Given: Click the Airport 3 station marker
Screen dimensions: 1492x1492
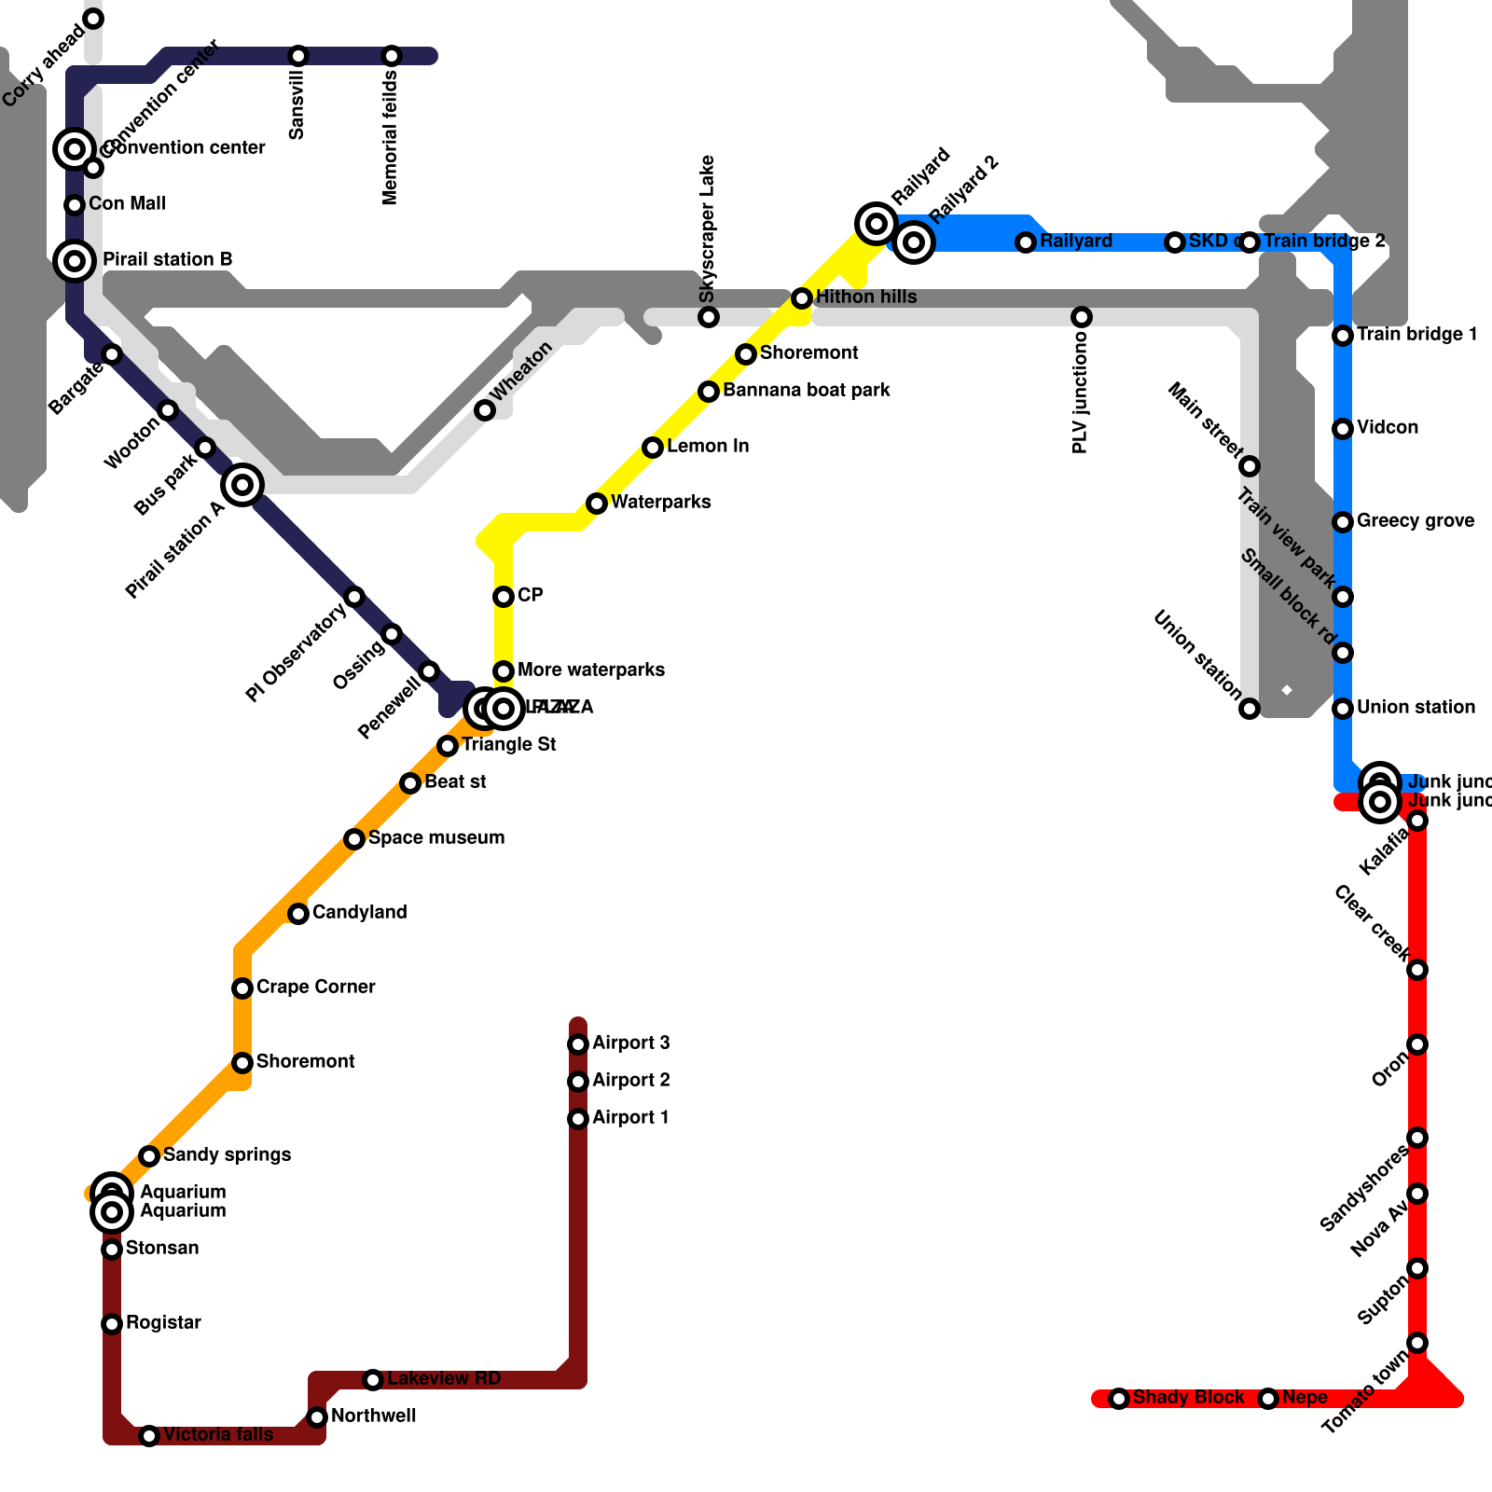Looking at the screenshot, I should pos(578,1044).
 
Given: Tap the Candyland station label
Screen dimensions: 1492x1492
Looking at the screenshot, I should pos(359,912).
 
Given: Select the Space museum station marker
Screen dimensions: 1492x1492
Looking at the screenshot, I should pos(354,839).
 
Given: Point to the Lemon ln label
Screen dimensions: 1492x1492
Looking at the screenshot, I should pos(708,446).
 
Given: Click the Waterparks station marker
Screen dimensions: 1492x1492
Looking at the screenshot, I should pos(597,504).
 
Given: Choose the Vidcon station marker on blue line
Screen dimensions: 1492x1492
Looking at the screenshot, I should pos(1343,429).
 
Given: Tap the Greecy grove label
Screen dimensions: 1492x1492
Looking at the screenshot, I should pos(1416,520).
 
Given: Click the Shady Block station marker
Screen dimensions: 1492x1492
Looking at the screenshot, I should pos(1119,1399).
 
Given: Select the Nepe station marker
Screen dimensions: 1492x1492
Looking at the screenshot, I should pos(1268,1399).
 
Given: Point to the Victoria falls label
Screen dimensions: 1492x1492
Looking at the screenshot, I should pos(218,1434).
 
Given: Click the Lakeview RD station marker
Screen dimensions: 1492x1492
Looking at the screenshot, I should pos(373,1380).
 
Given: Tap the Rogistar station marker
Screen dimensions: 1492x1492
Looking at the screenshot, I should pos(112,1324).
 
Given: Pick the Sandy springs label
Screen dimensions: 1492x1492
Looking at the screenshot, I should pos(227,1154).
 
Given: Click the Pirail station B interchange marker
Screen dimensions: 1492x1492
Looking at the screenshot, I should pos(75,261).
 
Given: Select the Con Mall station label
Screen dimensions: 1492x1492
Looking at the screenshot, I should pos(127,203).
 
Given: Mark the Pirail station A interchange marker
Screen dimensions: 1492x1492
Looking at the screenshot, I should pos(242,485).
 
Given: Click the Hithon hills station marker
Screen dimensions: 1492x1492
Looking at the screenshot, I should pos(802,298).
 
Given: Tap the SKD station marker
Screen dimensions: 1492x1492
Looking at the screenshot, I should pos(1175,242).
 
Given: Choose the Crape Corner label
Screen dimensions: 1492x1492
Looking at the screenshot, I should pos(315,987).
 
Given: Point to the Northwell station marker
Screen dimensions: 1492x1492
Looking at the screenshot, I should pos(317,1417).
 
